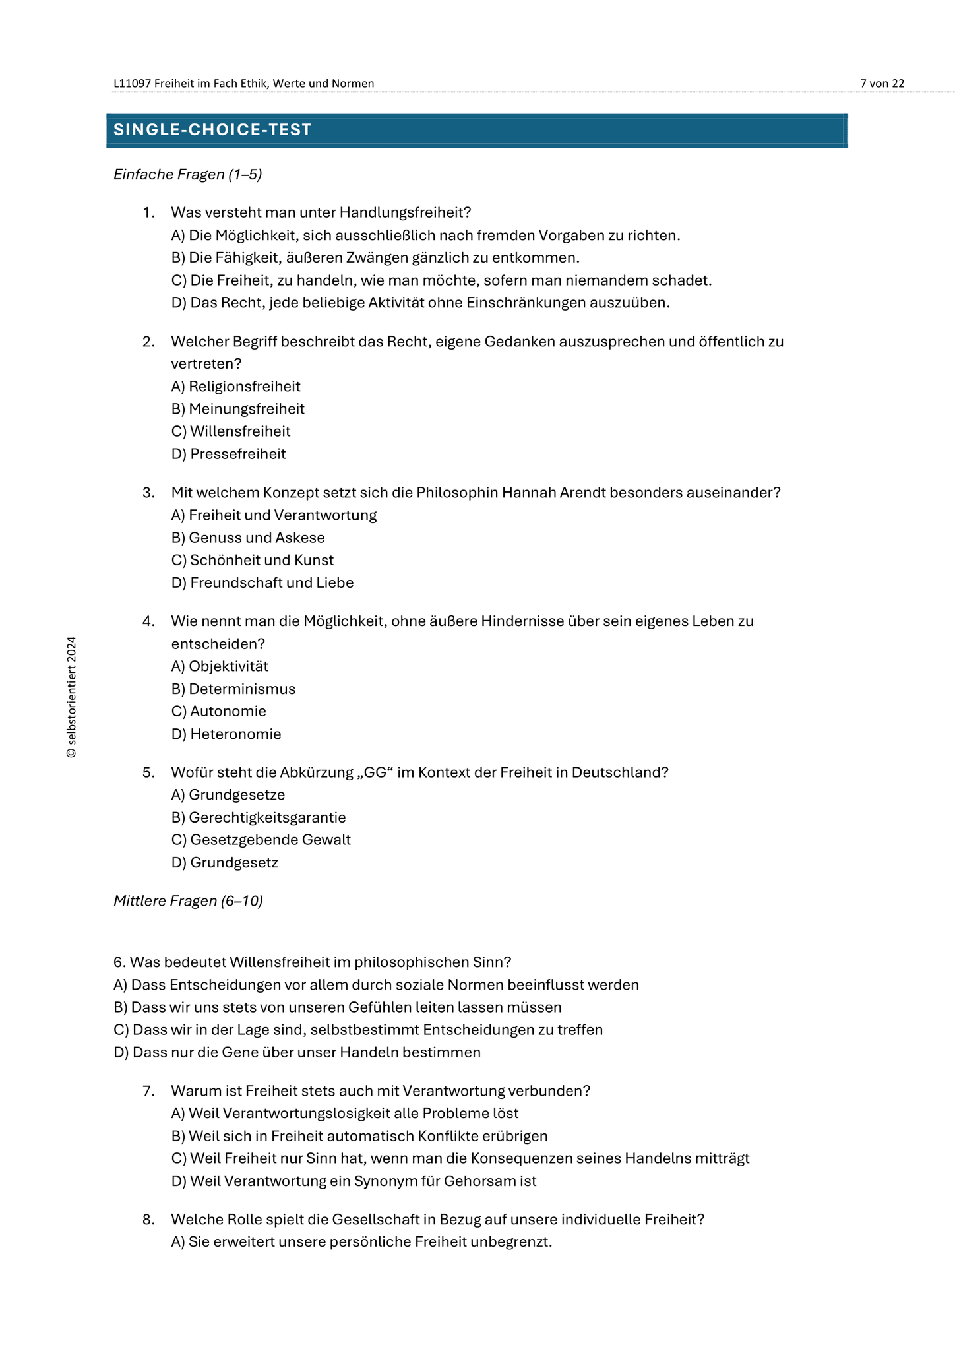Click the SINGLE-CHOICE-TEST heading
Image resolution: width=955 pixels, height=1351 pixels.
212,130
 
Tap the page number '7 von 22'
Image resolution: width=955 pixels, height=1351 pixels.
882,83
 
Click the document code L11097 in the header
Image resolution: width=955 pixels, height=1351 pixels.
132,83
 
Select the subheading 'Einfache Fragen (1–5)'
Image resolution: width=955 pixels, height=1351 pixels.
188,174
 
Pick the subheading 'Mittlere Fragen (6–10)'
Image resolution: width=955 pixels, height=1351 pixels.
188,901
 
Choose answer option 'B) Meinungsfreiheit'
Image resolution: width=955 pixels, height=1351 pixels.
238,409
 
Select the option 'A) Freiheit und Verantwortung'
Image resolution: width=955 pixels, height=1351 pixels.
274,515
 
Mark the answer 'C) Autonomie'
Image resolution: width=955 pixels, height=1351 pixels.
219,711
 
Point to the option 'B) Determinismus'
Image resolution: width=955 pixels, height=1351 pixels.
233,689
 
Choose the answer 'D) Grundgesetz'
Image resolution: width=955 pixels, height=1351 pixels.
225,862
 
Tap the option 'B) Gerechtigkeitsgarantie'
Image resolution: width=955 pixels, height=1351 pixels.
259,817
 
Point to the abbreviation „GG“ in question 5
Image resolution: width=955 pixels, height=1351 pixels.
374,772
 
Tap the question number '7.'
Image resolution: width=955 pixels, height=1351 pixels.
148,1091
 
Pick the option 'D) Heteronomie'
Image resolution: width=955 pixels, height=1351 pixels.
226,734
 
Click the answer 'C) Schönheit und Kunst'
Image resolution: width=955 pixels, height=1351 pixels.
253,560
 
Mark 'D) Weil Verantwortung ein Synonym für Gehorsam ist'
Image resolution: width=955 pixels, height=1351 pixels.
354,1181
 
